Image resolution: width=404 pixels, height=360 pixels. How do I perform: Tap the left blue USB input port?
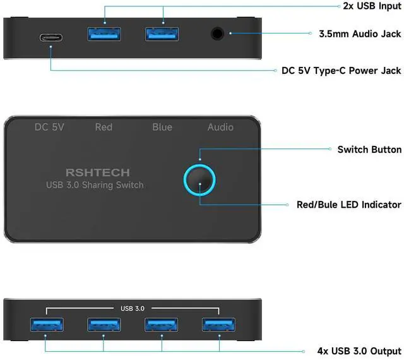click(104, 33)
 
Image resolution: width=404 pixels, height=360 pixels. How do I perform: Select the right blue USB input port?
click(162, 33)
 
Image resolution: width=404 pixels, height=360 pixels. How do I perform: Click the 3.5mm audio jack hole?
click(218, 34)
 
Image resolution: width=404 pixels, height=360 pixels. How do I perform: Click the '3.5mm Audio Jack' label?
click(360, 33)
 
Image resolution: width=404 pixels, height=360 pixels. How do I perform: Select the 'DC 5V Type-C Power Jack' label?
click(342, 71)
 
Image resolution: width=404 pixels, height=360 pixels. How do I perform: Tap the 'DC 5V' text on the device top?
click(49, 127)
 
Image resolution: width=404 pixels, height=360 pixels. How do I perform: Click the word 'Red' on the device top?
click(104, 127)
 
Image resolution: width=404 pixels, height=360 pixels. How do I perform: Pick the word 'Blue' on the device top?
click(162, 127)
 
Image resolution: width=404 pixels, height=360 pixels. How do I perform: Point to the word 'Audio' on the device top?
click(220, 127)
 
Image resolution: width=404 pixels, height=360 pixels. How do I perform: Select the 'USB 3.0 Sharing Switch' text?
click(95, 185)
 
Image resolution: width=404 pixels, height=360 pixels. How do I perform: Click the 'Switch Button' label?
click(369, 150)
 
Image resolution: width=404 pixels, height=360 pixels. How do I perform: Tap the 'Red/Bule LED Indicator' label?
click(349, 205)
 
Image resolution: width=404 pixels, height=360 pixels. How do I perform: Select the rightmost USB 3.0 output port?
click(219, 325)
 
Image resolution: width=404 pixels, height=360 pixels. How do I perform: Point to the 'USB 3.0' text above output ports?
click(133, 309)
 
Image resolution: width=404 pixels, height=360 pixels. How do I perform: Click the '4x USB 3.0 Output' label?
click(359, 351)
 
